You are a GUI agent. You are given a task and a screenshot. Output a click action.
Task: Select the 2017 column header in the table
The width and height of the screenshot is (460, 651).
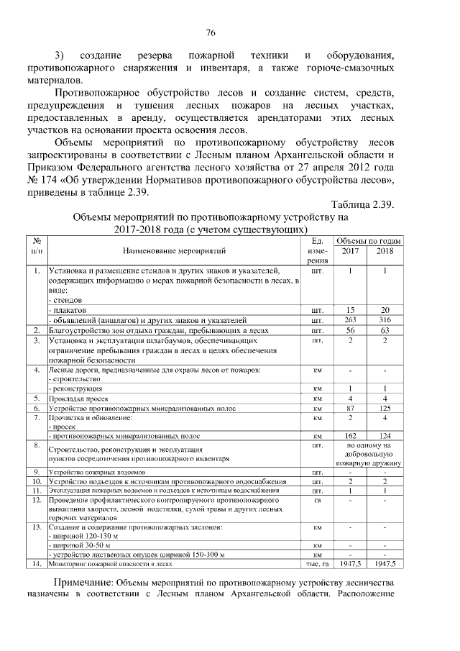point(350,251)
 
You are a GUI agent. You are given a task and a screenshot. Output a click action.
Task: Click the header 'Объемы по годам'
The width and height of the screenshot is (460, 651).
point(368,240)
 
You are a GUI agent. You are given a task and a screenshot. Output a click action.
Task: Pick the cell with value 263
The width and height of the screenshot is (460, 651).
point(350,319)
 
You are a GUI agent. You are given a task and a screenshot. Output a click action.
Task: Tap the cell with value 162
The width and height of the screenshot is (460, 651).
point(350,436)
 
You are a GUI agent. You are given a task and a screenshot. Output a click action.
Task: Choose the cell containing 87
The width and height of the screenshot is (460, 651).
point(350,408)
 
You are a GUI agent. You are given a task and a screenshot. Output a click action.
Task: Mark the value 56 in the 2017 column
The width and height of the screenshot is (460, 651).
point(350,329)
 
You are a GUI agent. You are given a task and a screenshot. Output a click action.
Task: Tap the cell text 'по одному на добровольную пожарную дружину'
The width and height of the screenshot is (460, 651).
point(368,455)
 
